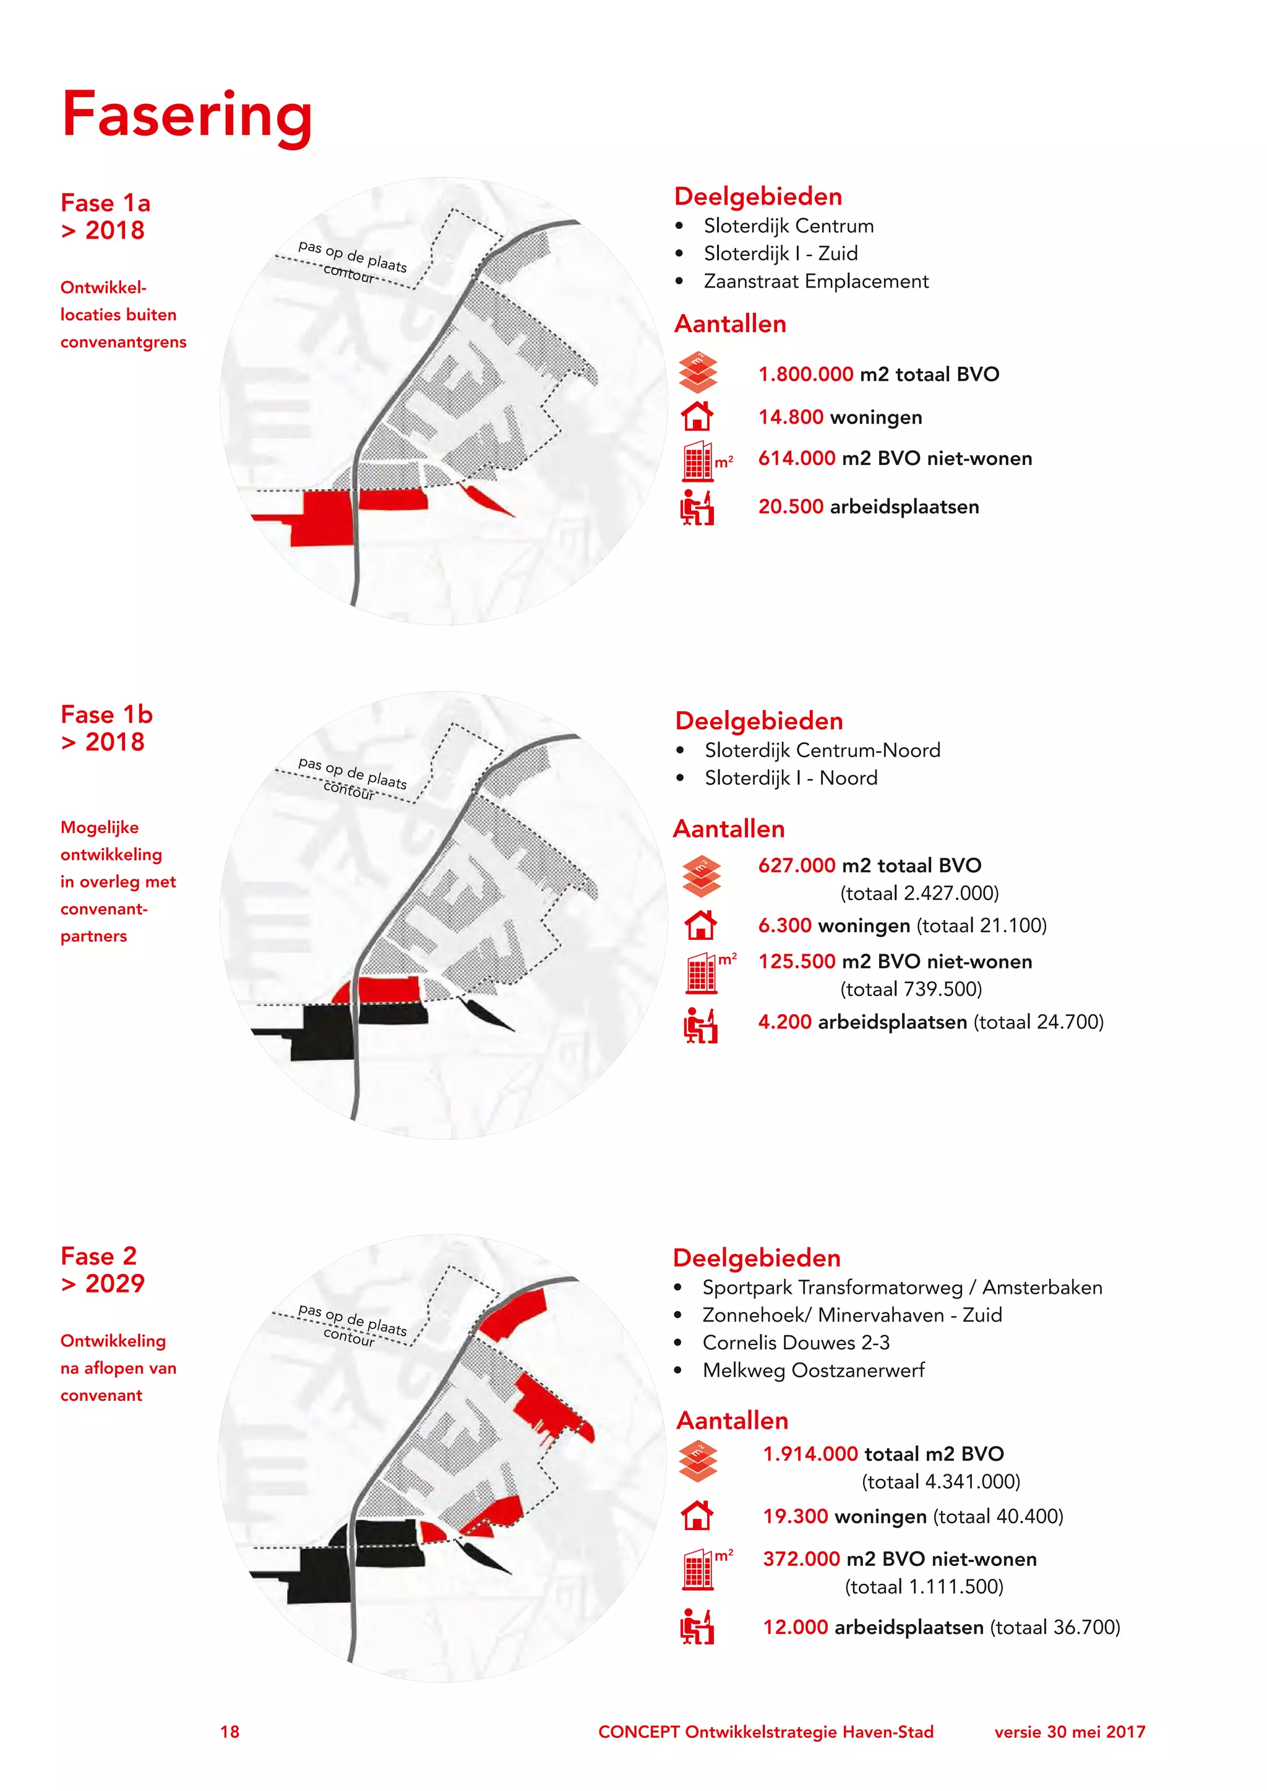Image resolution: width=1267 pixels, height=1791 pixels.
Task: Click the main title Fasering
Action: pyautogui.click(x=187, y=116)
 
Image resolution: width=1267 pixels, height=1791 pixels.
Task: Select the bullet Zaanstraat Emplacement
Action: pyautogui.click(x=815, y=281)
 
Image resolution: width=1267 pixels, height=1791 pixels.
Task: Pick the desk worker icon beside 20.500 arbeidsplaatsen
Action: pyautogui.click(x=697, y=507)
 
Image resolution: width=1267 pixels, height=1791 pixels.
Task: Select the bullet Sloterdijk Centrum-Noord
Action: pyautogui.click(x=822, y=750)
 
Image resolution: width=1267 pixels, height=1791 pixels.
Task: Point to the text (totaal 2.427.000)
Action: pyautogui.click(x=919, y=893)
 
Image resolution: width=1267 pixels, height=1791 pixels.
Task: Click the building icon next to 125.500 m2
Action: pyautogui.click(x=702, y=973)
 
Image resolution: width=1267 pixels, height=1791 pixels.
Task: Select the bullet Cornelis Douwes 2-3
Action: pyautogui.click(x=796, y=1343)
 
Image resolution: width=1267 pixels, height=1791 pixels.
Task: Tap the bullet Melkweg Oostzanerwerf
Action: pyautogui.click(x=813, y=1370)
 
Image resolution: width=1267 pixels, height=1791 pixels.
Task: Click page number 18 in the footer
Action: pyautogui.click(x=230, y=1732)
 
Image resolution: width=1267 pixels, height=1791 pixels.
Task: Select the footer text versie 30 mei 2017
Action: pyautogui.click(x=1070, y=1732)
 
